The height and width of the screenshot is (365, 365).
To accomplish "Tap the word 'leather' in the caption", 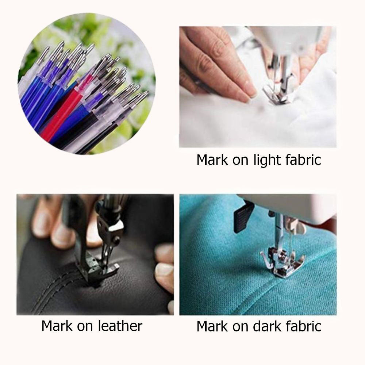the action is point(120,326).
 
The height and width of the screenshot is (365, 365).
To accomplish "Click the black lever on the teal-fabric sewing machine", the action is point(243,217).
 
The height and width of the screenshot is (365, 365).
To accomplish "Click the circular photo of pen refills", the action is point(87,84).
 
